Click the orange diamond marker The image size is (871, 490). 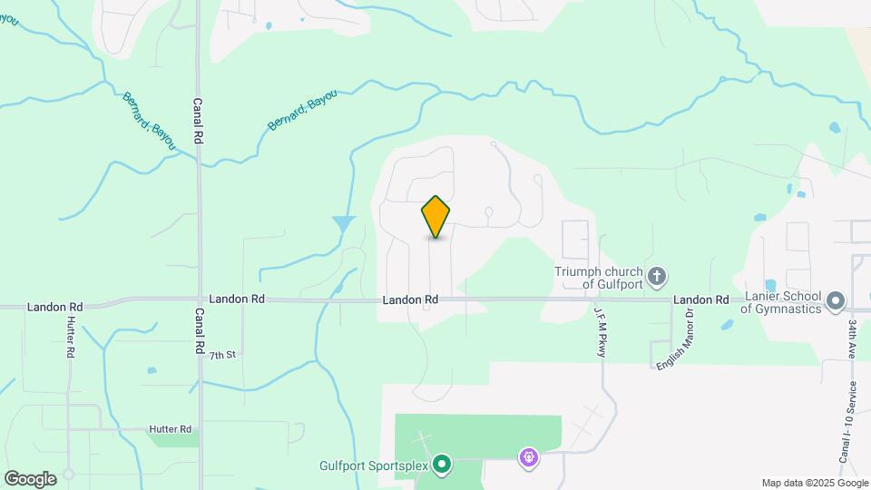(x=436, y=217)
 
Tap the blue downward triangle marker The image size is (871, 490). (x=344, y=223)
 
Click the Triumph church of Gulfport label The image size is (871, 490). (x=600, y=278)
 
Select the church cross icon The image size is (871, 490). (x=657, y=274)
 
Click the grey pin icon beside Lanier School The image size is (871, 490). (x=837, y=299)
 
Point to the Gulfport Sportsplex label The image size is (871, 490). (x=373, y=466)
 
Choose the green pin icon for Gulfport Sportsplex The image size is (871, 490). (x=442, y=465)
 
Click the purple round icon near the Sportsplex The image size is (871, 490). (x=529, y=458)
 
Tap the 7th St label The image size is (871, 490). (x=222, y=355)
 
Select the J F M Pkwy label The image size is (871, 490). (x=600, y=331)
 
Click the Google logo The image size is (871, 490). (x=30, y=478)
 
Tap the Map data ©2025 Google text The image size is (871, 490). (x=814, y=482)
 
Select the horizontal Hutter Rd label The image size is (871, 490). (x=171, y=428)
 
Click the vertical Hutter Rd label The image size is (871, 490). (x=70, y=338)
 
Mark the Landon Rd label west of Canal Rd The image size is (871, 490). (x=55, y=308)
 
